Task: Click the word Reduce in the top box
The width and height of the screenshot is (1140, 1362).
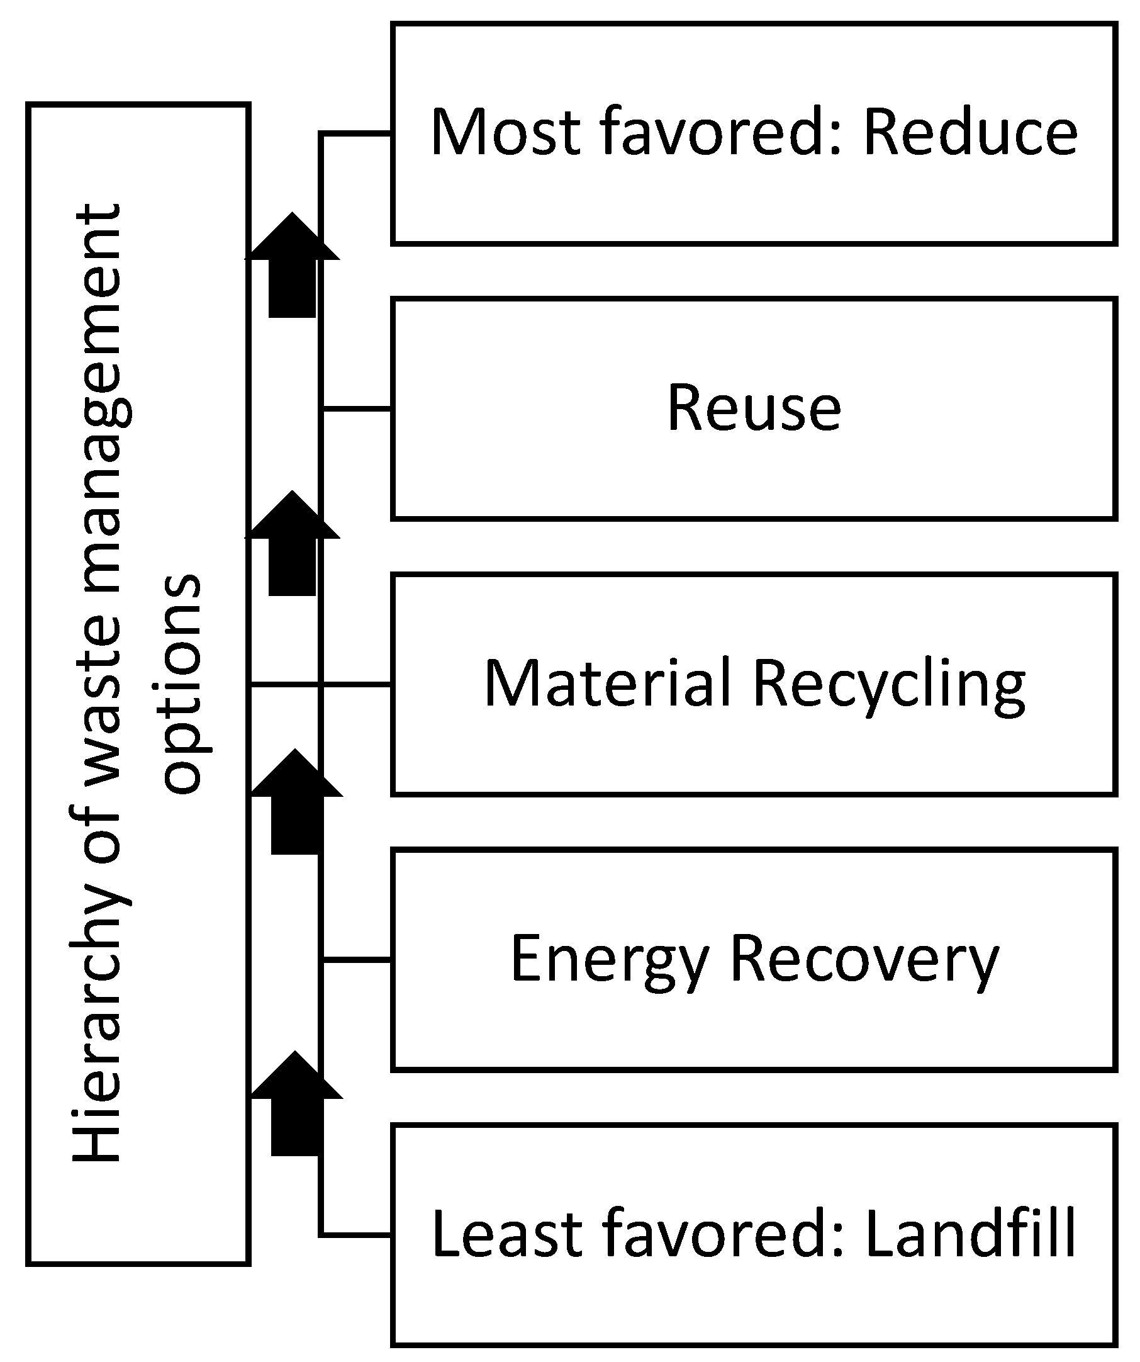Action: [x=970, y=132]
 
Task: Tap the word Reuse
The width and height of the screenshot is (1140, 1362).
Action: [x=754, y=408]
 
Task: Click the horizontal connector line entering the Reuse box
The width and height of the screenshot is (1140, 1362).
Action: [x=357, y=409]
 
